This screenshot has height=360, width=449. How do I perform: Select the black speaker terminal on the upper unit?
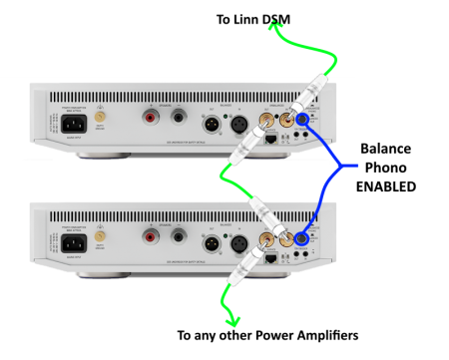tap(178, 119)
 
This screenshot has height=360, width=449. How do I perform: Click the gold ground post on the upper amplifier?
tap(100, 118)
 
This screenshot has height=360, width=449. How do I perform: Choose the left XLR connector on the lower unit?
tap(213, 242)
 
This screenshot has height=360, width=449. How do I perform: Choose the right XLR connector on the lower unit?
tap(240, 242)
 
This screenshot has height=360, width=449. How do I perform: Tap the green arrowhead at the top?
tap(275, 27)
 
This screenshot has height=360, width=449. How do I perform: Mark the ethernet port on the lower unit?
tap(270, 258)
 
